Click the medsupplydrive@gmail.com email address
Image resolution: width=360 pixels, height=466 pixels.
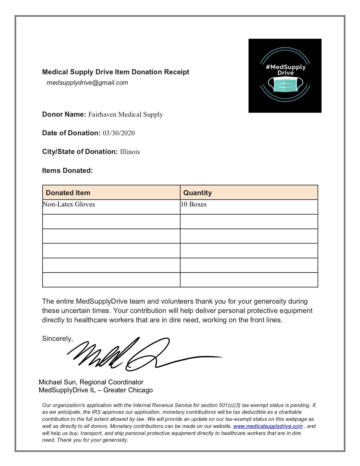tap(87, 83)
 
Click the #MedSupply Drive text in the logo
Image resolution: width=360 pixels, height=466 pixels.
tap(285, 69)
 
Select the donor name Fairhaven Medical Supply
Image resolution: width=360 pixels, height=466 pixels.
tap(126, 114)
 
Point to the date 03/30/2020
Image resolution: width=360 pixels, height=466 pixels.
tap(119, 133)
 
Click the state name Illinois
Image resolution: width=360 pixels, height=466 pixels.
tap(130, 152)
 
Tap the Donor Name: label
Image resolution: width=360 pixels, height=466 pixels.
tap(64, 114)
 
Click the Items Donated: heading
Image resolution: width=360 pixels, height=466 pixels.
tap(67, 171)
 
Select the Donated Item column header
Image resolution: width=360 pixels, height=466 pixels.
tap(68, 193)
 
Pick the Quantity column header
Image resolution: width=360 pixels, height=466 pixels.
tap(197, 193)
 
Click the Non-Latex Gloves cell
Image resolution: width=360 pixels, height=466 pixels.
tap(69, 204)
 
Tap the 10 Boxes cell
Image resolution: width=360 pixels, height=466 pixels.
tap(194, 204)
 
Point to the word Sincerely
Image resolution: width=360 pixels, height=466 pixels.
tap(57, 339)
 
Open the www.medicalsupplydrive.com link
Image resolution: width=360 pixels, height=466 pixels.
tap(268, 426)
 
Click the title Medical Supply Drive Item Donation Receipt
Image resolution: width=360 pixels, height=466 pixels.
tap(115, 72)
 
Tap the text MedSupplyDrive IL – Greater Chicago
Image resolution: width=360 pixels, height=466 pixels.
tap(96, 390)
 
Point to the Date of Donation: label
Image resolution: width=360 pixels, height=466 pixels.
tap(71, 133)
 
